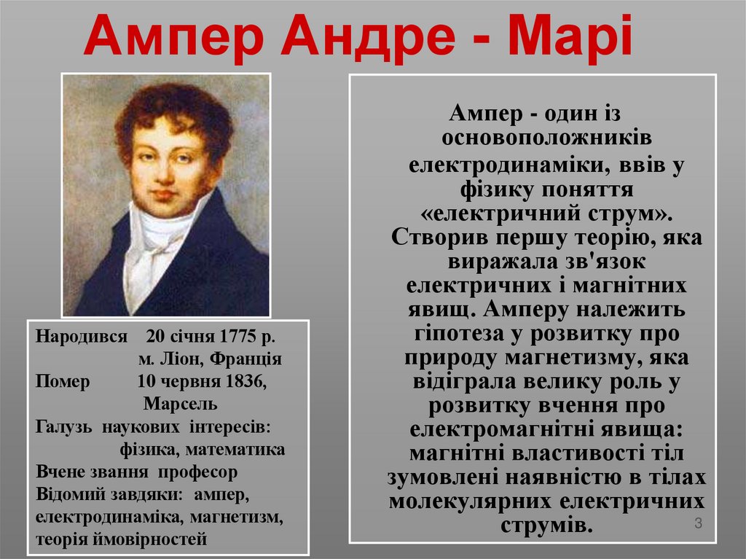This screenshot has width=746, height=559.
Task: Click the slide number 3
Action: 698,523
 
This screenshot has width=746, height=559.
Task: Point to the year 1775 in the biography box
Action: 235,338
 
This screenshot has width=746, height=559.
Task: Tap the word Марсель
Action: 181,404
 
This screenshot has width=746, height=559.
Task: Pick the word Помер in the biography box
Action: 63,382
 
